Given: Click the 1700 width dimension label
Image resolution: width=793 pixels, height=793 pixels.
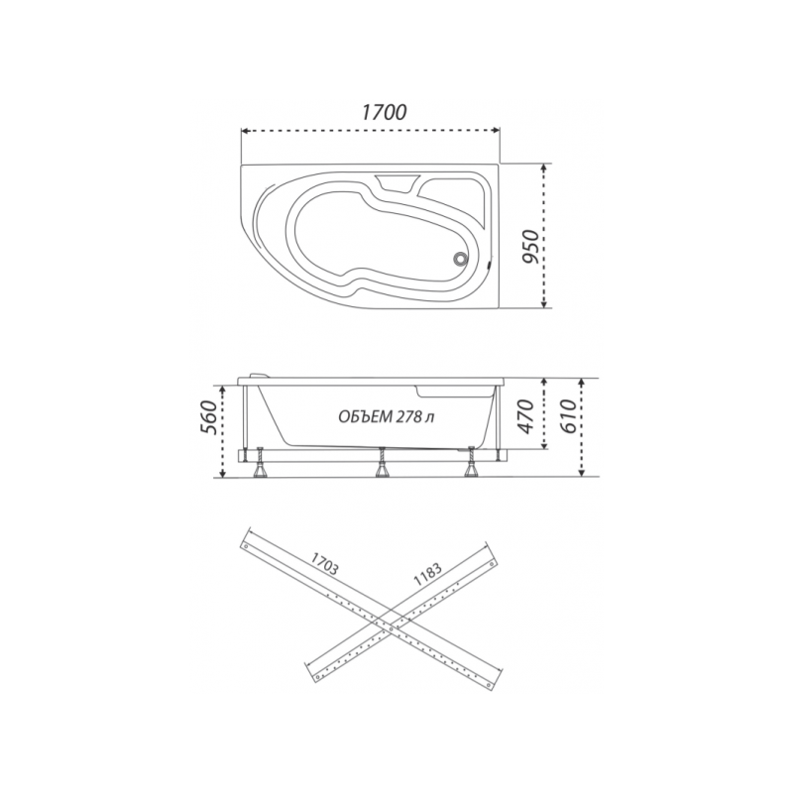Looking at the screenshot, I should click(383, 112).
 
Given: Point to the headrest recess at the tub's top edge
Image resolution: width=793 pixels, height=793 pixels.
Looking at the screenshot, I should click(396, 182).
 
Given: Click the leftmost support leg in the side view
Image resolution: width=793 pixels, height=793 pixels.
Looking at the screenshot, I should click(262, 465).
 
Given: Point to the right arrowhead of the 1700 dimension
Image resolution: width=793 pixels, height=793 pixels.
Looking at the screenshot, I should click(499, 130).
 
